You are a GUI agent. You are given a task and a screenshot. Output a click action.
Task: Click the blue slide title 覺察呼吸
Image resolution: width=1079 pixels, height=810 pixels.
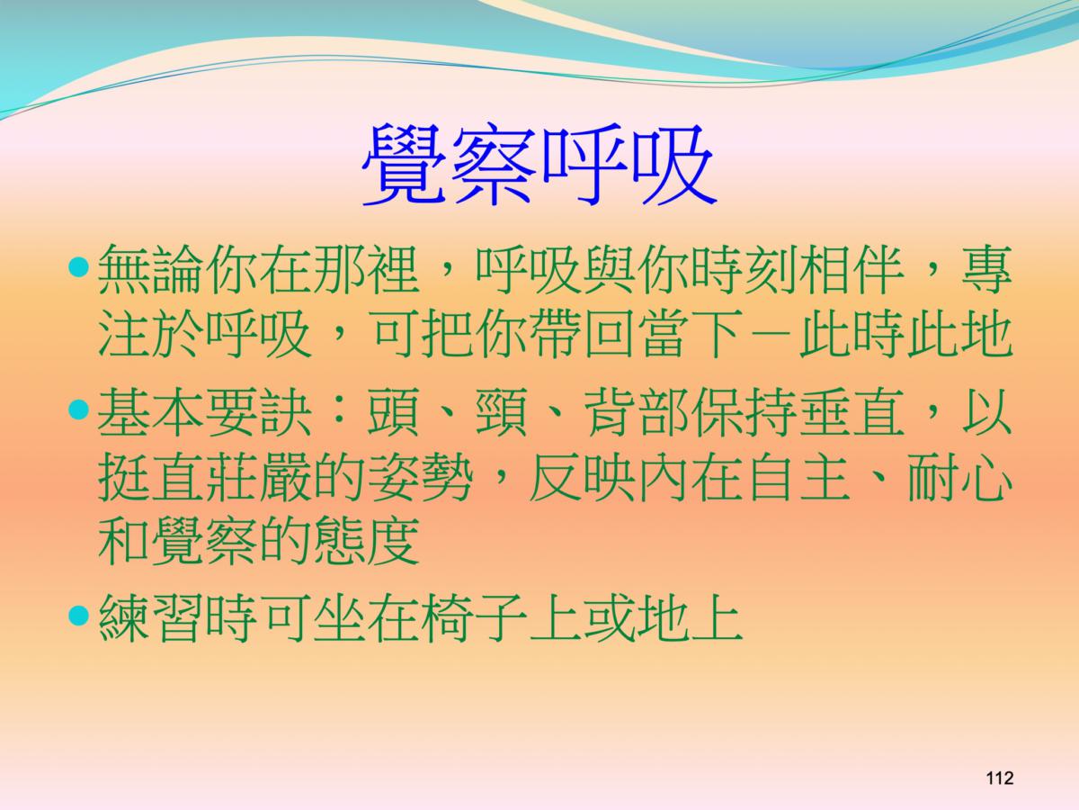click(x=539, y=165)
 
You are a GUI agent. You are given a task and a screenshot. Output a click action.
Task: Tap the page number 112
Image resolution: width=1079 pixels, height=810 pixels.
click(x=1000, y=778)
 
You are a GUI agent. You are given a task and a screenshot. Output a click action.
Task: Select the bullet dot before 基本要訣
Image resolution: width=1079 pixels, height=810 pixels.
click(x=78, y=409)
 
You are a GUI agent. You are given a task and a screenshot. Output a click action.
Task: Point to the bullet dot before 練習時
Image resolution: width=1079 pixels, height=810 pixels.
click(x=78, y=615)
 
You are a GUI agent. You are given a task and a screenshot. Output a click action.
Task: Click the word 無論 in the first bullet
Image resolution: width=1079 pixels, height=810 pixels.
click(x=150, y=268)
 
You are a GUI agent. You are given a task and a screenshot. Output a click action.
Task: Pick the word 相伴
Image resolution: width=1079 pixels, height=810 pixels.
click(x=851, y=268)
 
